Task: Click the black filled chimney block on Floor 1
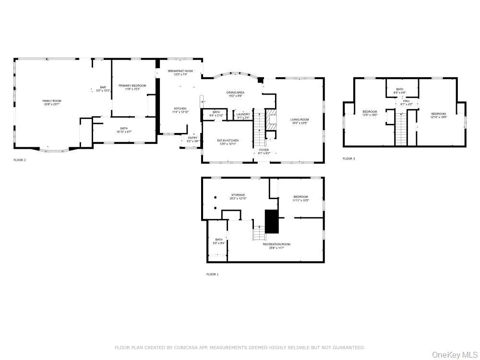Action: (x=272, y=221)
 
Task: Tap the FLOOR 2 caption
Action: (x=20, y=160)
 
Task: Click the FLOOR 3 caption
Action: (x=348, y=158)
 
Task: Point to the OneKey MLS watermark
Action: (x=453, y=354)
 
